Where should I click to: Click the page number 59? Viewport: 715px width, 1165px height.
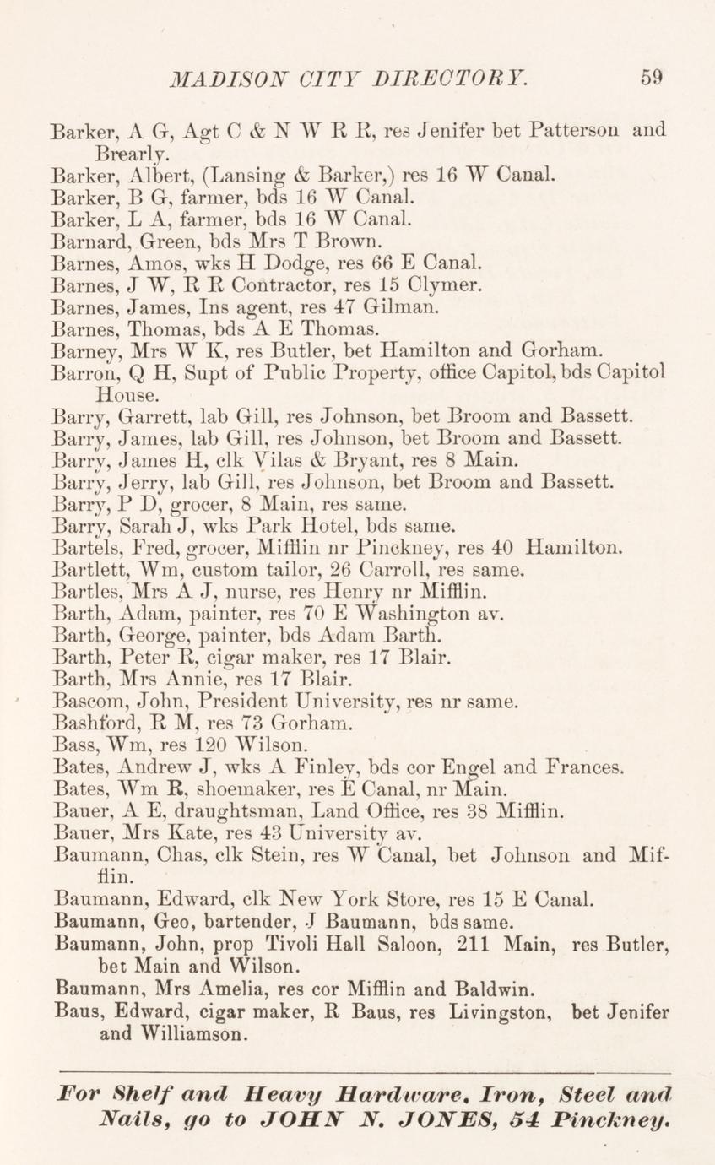651,78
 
